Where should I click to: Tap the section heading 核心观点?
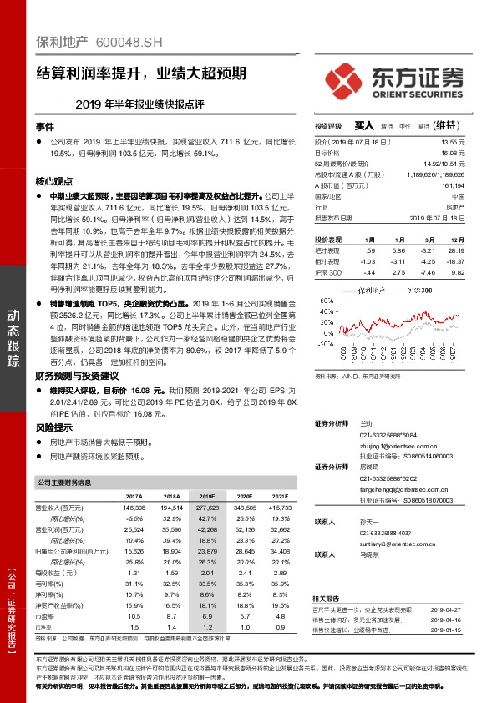(53, 180)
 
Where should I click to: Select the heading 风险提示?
(53, 427)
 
